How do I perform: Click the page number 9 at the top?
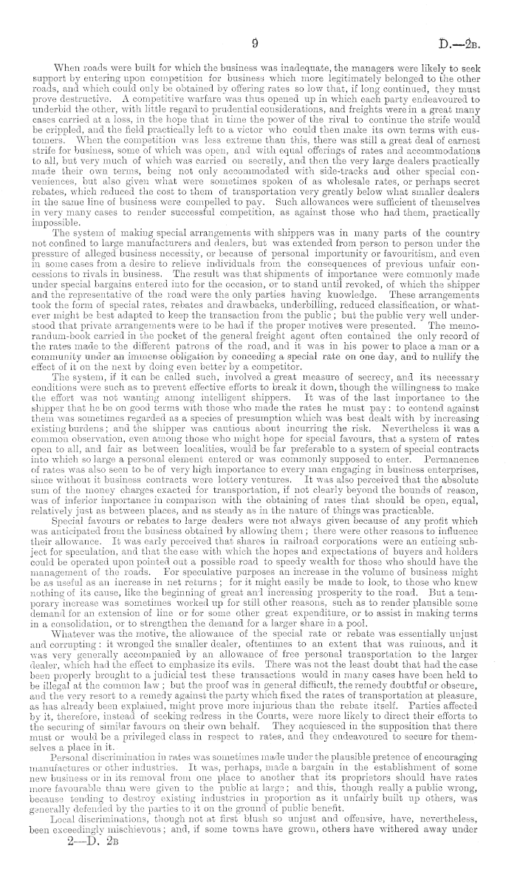tap(254, 44)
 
